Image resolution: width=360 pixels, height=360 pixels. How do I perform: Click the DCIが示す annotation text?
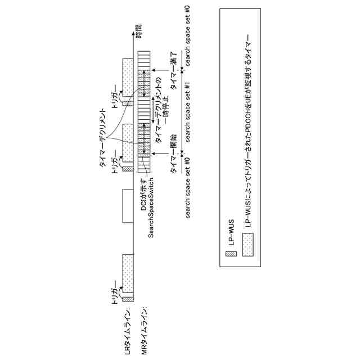coord(143,197)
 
